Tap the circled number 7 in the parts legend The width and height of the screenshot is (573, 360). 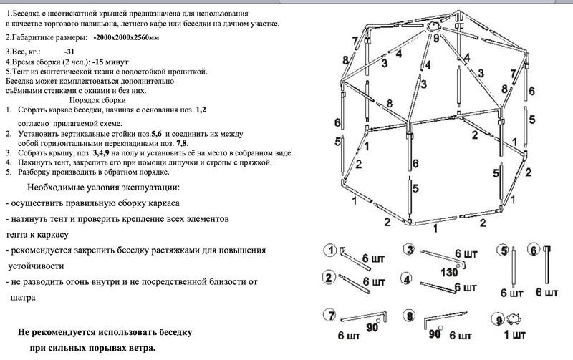point(330,316)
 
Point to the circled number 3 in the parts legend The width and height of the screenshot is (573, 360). point(409,250)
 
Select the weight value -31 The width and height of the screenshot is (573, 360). point(69,52)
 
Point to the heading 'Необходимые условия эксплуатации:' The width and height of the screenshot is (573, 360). point(104,188)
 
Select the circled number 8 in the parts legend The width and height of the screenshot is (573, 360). point(409,316)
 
